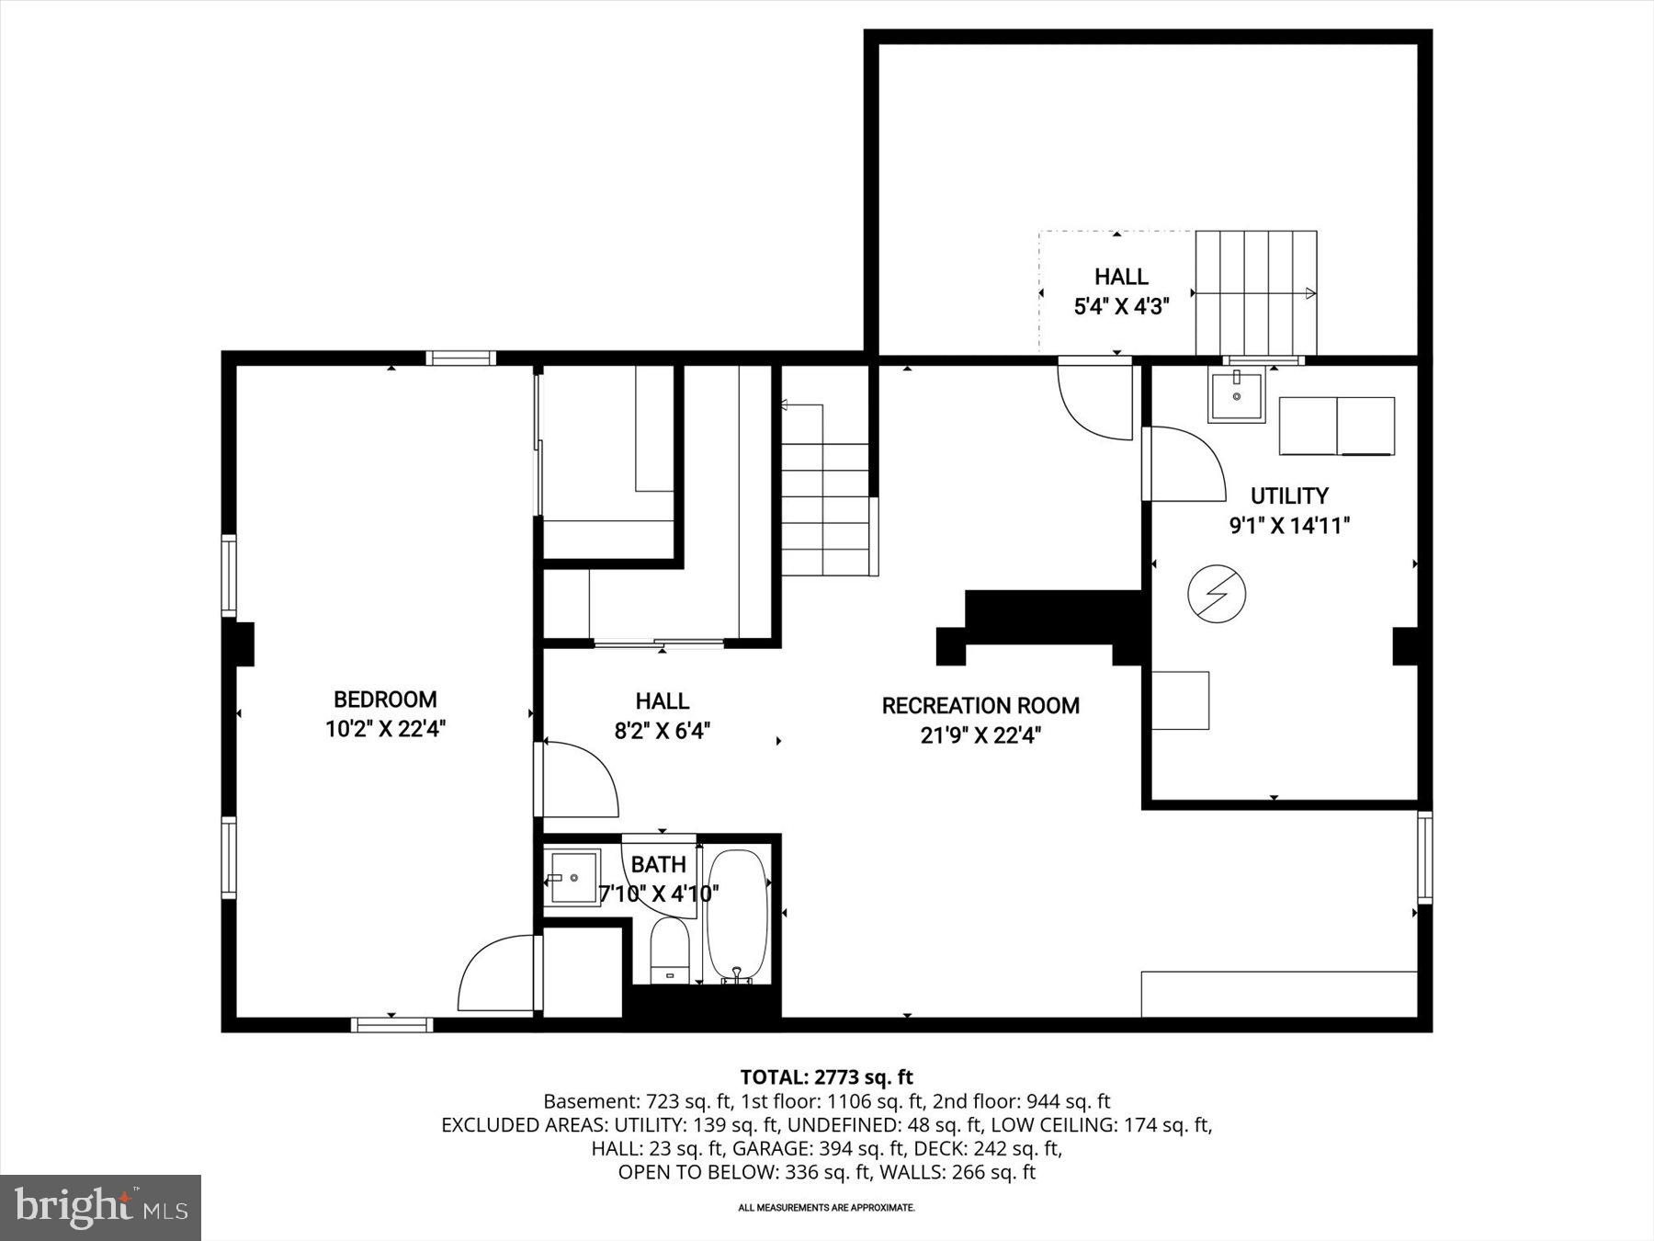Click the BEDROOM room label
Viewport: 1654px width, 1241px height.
[384, 700]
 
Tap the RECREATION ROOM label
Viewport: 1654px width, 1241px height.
[980, 706]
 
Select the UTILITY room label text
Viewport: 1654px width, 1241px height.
[1289, 496]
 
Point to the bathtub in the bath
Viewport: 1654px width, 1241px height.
[736, 915]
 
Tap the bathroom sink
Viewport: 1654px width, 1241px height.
[572, 878]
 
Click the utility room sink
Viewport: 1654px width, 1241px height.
[1236, 395]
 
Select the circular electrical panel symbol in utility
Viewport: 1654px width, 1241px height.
[1217, 594]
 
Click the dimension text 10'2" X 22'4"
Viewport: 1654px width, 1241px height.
[385, 730]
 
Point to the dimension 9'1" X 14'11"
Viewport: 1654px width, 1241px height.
[1289, 527]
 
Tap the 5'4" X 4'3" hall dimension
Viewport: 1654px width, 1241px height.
[1121, 307]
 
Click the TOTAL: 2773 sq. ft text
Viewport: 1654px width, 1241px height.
[826, 1076]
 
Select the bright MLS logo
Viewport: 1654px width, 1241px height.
[100, 1207]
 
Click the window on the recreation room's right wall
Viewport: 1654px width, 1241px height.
[1424, 856]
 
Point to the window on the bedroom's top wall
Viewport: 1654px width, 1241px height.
[460, 359]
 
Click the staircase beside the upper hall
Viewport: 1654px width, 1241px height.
[1255, 292]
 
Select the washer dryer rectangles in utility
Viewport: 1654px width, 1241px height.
[1337, 426]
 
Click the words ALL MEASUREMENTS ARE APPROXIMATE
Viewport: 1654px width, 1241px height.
[826, 1207]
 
